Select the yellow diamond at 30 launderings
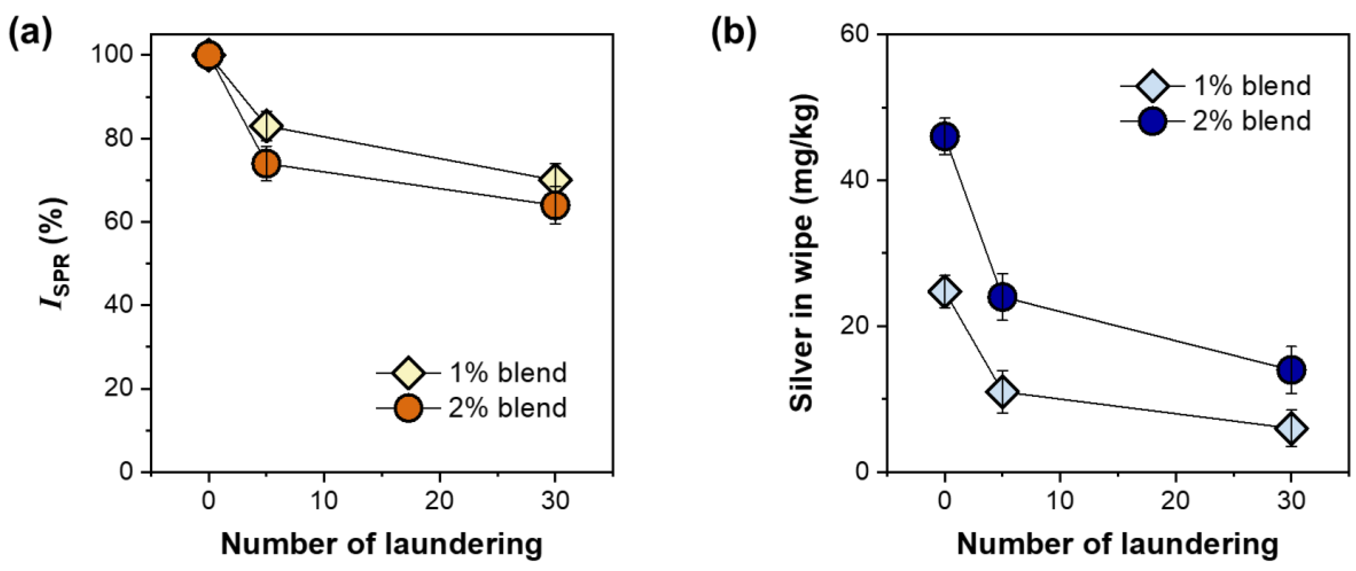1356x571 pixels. click(x=555, y=180)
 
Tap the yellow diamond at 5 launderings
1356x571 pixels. click(x=266, y=126)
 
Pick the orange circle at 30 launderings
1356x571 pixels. click(x=555, y=205)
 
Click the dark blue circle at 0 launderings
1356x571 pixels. click(x=945, y=137)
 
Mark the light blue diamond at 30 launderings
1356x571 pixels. click(x=1291, y=429)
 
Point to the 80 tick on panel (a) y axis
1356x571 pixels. click(x=118, y=138)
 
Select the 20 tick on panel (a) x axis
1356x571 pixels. click(x=439, y=500)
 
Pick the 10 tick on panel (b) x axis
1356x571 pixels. click(x=1060, y=500)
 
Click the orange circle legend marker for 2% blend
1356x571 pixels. click(x=408, y=408)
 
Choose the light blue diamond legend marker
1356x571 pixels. click(x=1153, y=86)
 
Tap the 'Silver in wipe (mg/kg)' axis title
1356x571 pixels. click(x=802, y=252)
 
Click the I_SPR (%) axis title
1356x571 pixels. click(x=54, y=252)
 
